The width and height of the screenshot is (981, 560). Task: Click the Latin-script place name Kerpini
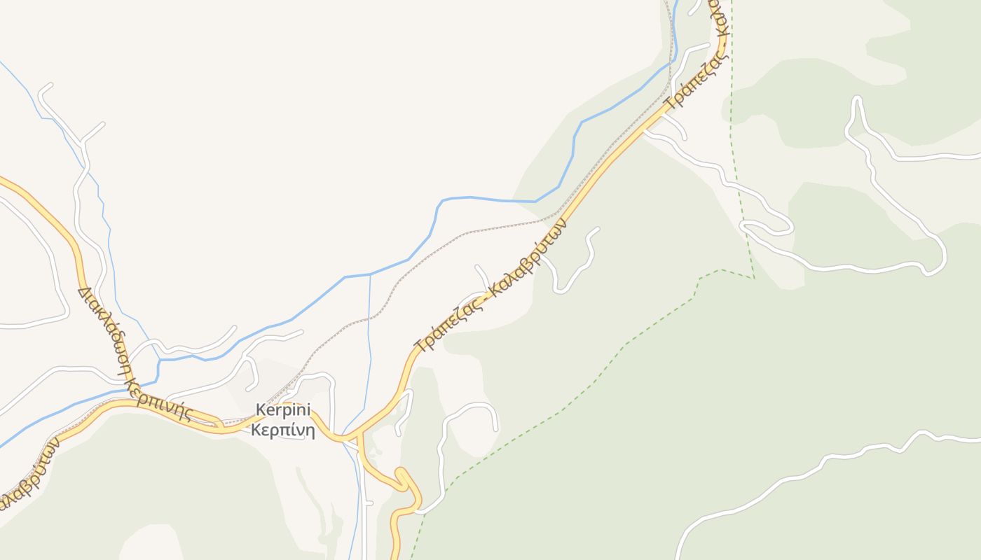283,410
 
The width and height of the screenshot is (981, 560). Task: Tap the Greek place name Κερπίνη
283,430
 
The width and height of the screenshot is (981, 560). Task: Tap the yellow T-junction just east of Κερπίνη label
359,440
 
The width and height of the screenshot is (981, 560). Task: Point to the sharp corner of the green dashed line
754,278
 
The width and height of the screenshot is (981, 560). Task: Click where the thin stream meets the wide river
370,274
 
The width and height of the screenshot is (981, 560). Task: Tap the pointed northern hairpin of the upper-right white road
856,99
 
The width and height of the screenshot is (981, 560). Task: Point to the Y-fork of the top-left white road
84,142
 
